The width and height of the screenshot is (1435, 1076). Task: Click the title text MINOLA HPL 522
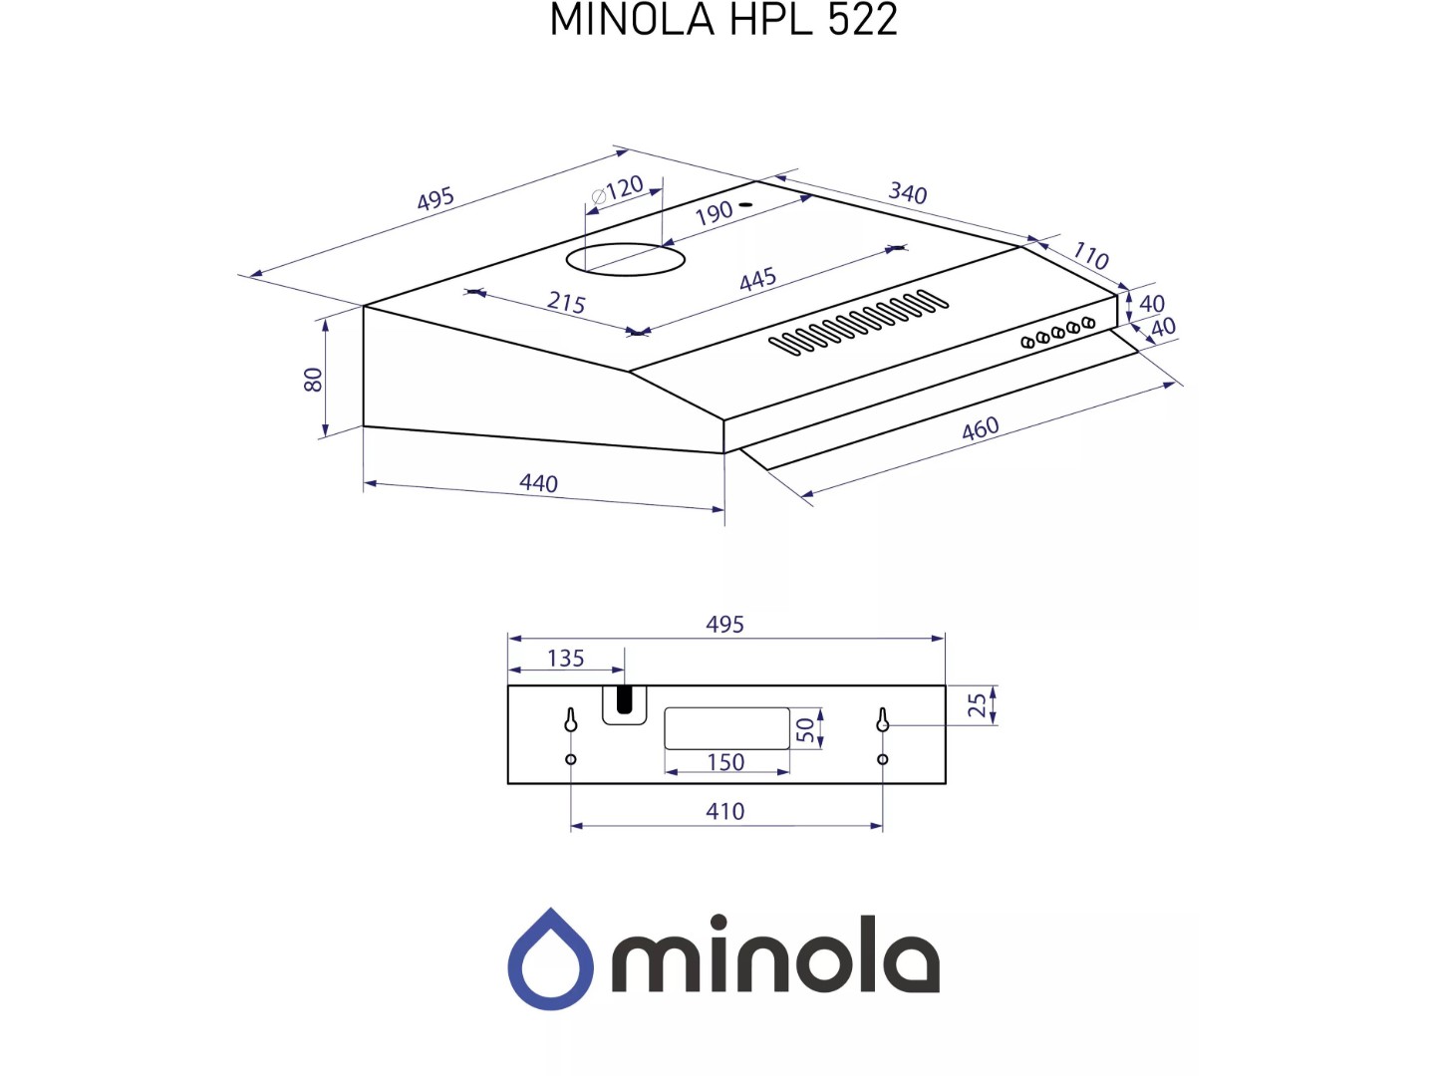[723, 19]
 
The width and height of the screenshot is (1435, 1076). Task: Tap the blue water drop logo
[550, 957]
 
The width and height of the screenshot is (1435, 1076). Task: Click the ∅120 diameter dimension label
[617, 190]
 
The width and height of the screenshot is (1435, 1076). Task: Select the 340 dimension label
[908, 192]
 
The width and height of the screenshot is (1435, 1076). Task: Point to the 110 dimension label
[1090, 255]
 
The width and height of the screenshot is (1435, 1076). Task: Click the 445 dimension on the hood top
[757, 279]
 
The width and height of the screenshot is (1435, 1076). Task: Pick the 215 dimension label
[566, 303]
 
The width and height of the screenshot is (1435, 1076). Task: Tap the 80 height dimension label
[314, 379]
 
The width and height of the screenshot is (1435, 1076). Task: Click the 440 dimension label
[539, 483]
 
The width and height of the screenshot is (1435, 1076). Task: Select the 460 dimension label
[980, 428]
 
